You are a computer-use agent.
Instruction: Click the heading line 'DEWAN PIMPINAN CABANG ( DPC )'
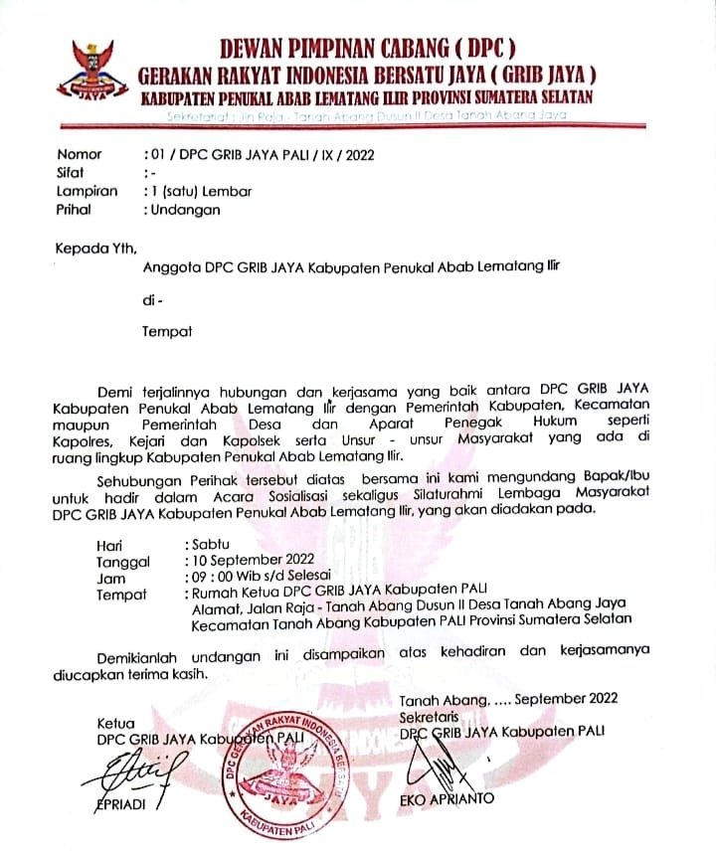pos(367,46)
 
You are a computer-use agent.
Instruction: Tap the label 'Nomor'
pos(80,154)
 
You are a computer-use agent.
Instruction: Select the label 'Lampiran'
pos(88,191)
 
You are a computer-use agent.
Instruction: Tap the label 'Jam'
pos(110,579)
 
